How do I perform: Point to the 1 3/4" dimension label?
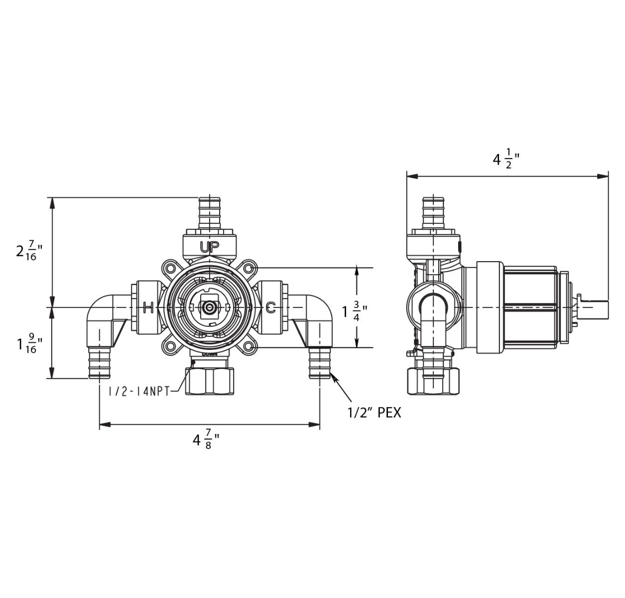pos(354,312)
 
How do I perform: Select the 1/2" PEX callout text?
pos(374,413)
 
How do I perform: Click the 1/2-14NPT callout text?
pos(139,391)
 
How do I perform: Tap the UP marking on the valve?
pos(210,246)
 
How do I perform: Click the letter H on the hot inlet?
pos(148,307)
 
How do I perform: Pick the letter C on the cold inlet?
pos(270,307)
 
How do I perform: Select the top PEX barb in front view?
pos(210,212)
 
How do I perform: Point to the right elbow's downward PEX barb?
pos(319,364)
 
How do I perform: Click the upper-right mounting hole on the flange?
pos(249,269)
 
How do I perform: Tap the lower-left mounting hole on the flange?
pos(170,347)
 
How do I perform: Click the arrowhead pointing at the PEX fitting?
pos(334,380)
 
